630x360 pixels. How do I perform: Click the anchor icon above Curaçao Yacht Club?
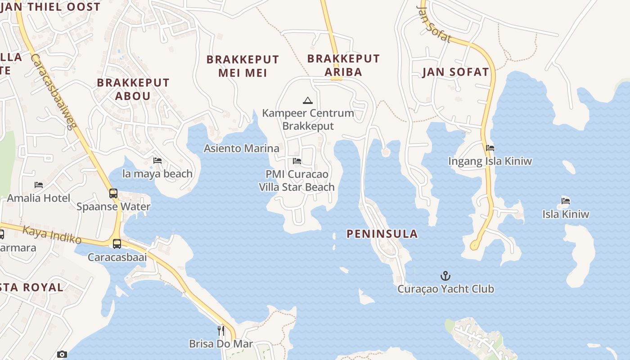[x=445, y=275]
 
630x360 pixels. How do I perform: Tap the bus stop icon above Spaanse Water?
[x=113, y=193]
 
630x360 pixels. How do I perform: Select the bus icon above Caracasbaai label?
[x=117, y=244]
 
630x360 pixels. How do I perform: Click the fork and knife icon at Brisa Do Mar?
[x=221, y=331]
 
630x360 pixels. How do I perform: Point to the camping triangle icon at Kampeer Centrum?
[x=307, y=100]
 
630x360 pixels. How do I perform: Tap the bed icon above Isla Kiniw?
[x=566, y=201]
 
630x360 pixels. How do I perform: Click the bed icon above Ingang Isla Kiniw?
[x=490, y=148]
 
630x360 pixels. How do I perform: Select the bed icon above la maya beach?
[x=157, y=160]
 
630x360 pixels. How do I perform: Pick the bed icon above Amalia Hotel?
[x=39, y=184]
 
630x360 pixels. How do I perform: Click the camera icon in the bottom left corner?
[x=62, y=355]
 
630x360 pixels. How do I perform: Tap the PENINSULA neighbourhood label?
[x=382, y=234]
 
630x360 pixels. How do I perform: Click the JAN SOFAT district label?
[x=455, y=72]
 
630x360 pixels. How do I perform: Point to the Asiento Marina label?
[x=242, y=148]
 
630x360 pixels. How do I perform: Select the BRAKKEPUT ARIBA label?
[x=343, y=65]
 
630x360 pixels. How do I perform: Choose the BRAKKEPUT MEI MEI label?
[x=243, y=66]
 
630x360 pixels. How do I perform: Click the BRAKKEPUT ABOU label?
[x=133, y=89]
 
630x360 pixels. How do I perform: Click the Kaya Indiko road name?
[x=52, y=234]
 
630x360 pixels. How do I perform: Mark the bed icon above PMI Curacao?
[x=297, y=161]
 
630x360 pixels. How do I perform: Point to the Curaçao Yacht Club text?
[x=445, y=289]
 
